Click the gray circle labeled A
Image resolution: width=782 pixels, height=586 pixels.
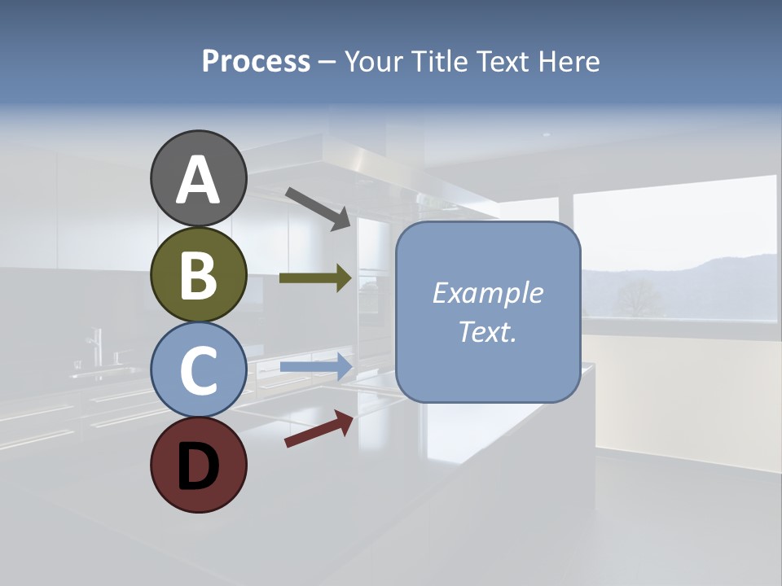198,178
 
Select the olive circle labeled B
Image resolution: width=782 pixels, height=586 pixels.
198,274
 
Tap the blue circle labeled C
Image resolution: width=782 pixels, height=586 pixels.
198,370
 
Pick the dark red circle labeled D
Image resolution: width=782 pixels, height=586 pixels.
198,465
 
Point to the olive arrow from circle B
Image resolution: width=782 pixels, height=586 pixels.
315,278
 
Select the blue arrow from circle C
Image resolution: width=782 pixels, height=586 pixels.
315,367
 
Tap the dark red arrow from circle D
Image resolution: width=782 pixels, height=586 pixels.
319,429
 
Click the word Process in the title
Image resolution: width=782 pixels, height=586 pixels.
256,61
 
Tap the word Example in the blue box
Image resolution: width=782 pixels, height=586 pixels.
487,293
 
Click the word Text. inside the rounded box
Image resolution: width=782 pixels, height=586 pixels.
487,331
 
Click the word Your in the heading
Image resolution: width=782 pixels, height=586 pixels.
375,61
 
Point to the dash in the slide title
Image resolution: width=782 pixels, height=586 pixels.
327,62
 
